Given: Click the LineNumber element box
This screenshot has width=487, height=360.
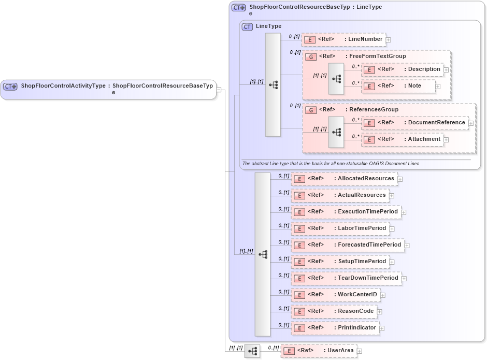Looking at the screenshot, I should [x=343, y=39].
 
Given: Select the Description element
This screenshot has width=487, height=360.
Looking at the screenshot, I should [x=402, y=69].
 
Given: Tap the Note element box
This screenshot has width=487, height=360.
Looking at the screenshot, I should [x=398, y=86].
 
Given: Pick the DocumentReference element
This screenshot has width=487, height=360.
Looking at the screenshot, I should [x=414, y=123].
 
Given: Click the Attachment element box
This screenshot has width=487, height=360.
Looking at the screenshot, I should [x=402, y=139].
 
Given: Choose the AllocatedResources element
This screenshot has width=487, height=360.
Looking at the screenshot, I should [x=343, y=179].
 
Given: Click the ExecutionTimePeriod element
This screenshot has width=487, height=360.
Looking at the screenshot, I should [x=346, y=212].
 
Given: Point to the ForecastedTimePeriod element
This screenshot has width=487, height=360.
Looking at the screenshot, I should [x=347, y=245].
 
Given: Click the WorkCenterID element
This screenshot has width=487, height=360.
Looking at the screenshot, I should [x=335, y=295].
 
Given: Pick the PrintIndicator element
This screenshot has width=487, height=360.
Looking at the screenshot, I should [x=335, y=328].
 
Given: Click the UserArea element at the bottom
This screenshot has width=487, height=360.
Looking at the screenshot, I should [x=319, y=351].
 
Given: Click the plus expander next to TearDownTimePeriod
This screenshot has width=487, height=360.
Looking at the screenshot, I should [x=404, y=279].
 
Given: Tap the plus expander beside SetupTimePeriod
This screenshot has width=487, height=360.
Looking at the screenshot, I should [x=392, y=262].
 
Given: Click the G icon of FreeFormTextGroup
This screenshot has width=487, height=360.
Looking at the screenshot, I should [x=311, y=56].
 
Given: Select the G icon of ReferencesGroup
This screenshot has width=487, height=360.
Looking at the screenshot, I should [x=311, y=110].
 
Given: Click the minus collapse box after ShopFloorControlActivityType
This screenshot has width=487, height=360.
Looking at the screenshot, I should [x=219, y=90].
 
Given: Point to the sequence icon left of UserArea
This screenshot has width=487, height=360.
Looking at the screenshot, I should [x=252, y=351].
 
